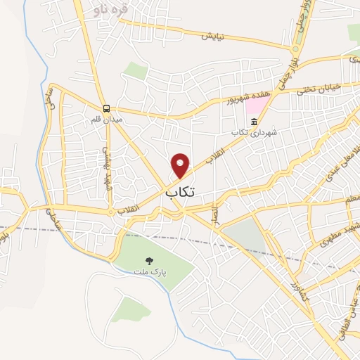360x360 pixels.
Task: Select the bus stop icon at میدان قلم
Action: point(106,108)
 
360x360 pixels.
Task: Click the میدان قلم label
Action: point(107,119)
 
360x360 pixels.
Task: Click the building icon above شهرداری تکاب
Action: point(254,122)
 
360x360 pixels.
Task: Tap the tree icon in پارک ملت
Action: point(149,260)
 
